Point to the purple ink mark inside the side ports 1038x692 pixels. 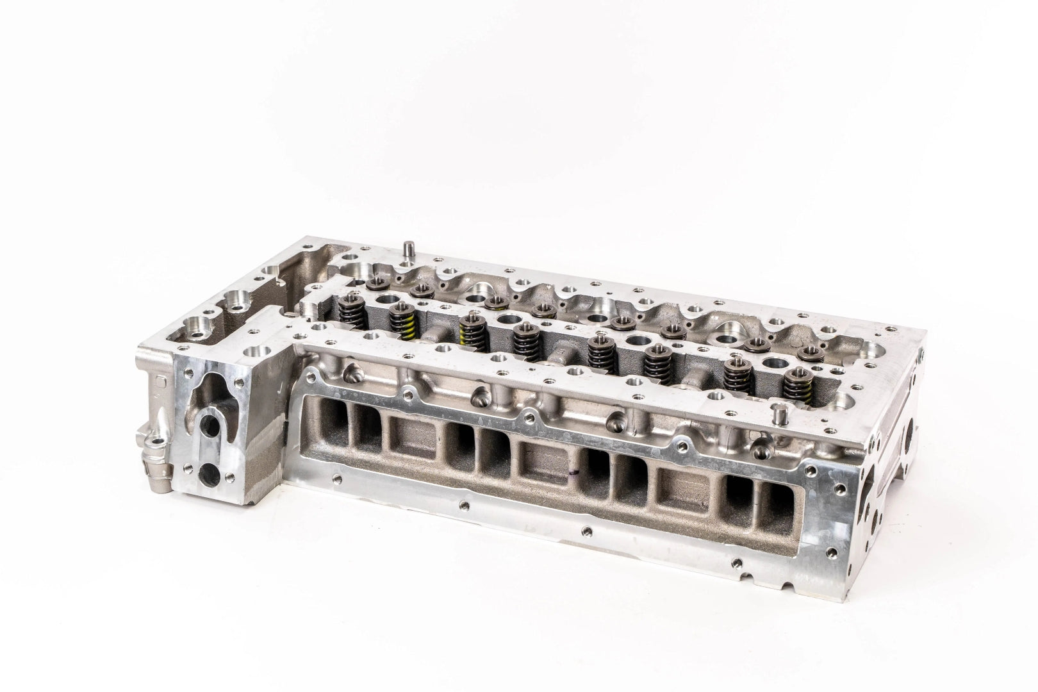pyautogui.click(x=570, y=475)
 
